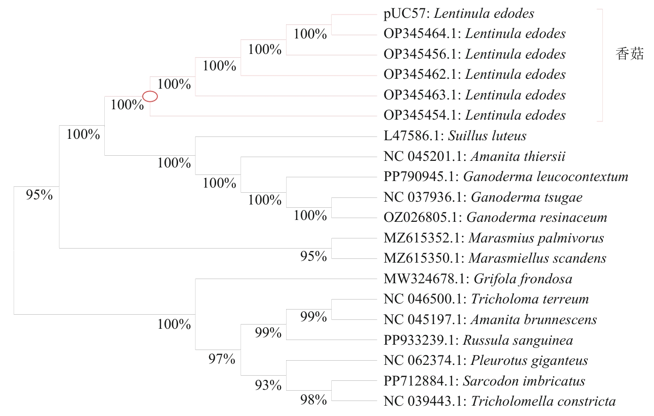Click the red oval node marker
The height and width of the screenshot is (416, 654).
coord(150,97)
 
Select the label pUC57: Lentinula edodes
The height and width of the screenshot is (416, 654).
coord(459,14)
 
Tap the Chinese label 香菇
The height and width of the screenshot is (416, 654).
coord(630,54)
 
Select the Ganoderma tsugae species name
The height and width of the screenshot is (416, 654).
coord(526,197)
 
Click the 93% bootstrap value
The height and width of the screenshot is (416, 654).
coord(268,386)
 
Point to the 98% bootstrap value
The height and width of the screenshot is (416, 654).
coord(313,400)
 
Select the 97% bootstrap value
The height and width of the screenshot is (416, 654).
coord(222,359)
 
